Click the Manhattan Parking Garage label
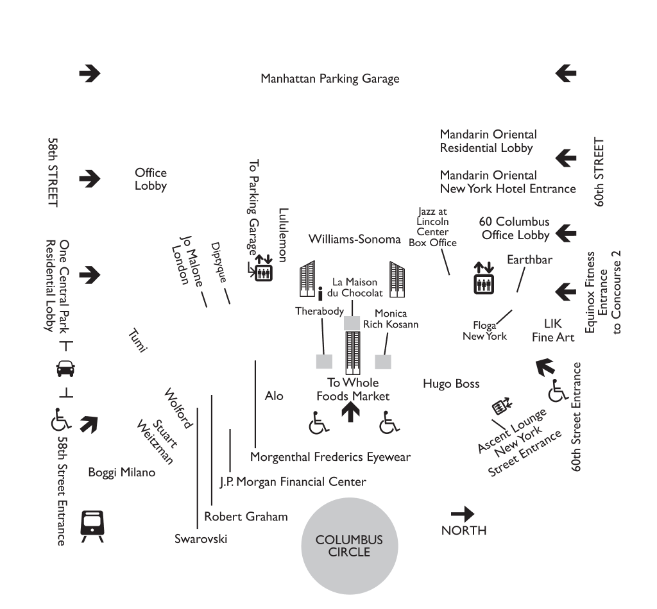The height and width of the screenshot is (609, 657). click(x=330, y=79)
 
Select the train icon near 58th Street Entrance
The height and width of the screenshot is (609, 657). click(x=91, y=526)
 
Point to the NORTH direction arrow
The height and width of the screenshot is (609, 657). click(x=463, y=513)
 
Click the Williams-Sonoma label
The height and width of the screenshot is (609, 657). click(x=354, y=239)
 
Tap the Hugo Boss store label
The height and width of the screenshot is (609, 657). click(x=451, y=384)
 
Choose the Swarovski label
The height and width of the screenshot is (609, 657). click(x=201, y=538)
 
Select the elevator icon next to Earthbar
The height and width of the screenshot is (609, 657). click(x=483, y=278)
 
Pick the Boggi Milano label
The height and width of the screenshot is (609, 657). click(x=122, y=472)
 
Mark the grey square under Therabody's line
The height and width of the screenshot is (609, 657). click(x=324, y=362)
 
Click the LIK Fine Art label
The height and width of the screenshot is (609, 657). click(x=552, y=330)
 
